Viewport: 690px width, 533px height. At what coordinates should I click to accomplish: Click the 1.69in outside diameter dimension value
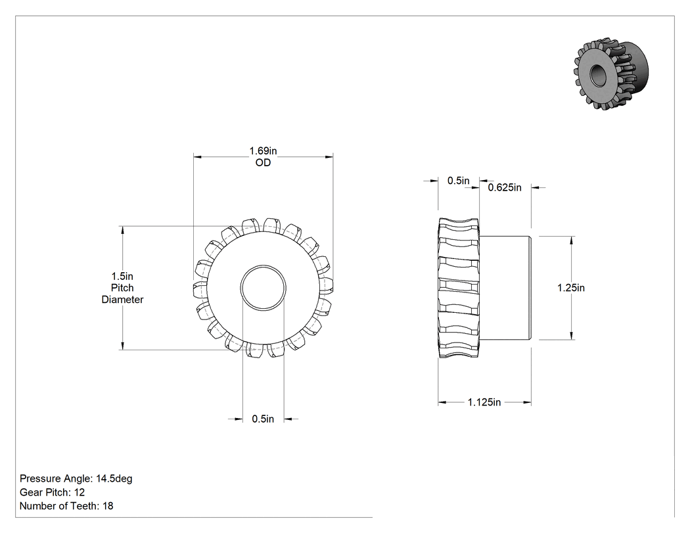[263, 151]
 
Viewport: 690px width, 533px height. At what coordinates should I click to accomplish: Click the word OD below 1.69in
[263, 163]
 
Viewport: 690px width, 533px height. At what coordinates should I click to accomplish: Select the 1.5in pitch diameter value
[122, 277]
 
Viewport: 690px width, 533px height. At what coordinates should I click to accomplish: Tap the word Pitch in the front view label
[122, 288]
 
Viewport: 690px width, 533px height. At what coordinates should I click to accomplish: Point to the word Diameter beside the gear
[122, 300]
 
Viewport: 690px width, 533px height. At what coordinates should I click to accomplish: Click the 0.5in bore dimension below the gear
[263, 419]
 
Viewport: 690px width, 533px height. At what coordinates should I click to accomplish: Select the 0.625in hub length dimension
[505, 188]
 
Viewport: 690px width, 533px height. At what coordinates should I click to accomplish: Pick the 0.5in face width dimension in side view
[459, 181]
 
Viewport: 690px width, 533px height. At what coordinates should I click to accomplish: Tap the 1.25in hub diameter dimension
[571, 288]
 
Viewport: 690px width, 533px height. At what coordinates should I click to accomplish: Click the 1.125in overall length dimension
[484, 402]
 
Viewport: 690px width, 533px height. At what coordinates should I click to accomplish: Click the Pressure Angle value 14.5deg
[114, 478]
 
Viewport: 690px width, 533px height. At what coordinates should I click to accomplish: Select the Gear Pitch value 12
[80, 492]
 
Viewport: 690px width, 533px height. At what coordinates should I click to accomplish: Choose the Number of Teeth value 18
[108, 505]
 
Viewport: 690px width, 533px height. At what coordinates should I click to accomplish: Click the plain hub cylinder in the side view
[505, 289]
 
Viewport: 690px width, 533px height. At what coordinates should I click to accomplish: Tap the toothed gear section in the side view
[459, 288]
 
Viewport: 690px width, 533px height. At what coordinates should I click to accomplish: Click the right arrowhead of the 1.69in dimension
[329, 156]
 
